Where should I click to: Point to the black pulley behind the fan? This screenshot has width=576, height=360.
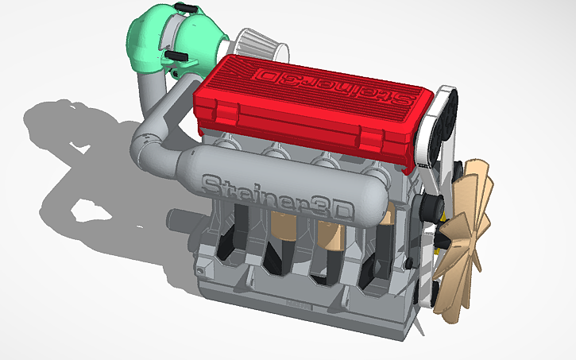coord(434,207)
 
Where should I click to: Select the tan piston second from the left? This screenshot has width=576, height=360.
coord(283,226)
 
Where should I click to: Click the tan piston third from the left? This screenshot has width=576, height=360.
coord(330,235)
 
